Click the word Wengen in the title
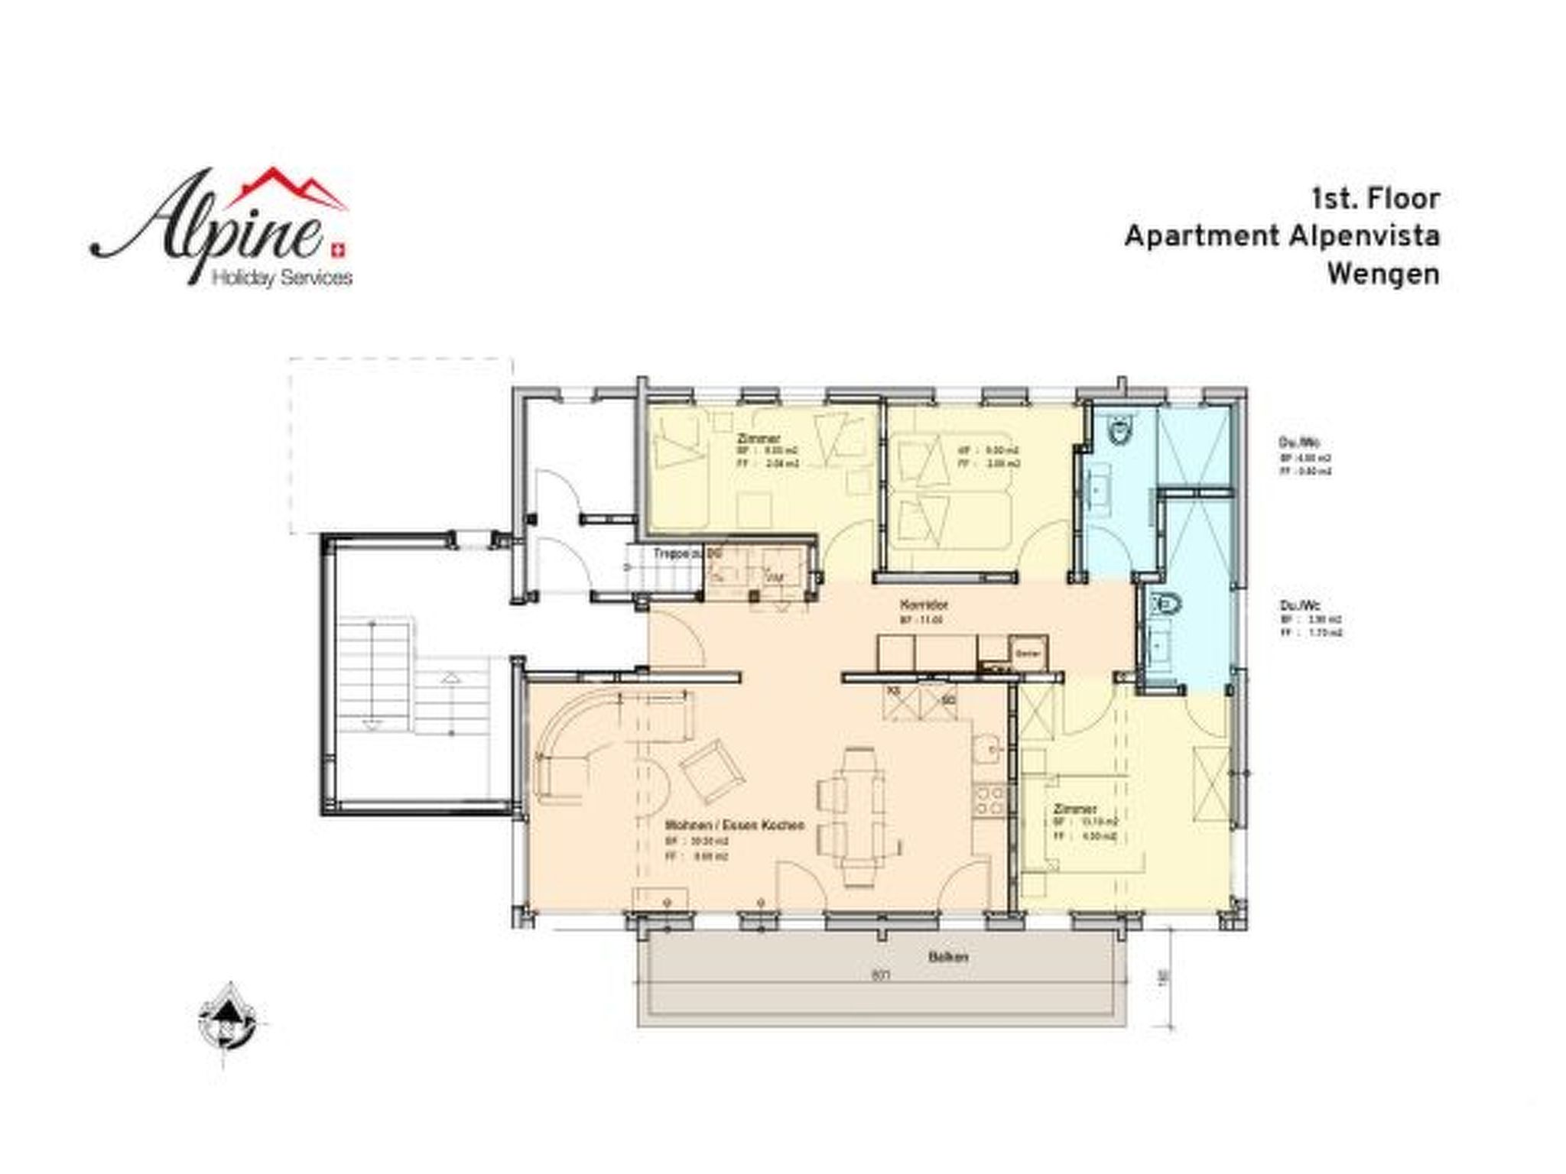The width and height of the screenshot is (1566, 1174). click(1382, 275)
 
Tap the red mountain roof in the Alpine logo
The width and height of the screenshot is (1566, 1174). click(298, 188)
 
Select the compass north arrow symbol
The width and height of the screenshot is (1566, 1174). click(226, 1013)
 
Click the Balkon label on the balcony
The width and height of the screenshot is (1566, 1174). click(949, 957)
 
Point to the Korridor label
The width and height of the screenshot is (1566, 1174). click(924, 605)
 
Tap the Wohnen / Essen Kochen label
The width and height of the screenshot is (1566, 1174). click(735, 826)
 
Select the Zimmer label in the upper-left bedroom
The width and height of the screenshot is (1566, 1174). click(759, 439)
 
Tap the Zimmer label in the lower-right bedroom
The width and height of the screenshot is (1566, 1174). click(1075, 809)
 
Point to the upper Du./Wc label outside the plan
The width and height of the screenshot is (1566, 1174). click(1299, 443)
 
